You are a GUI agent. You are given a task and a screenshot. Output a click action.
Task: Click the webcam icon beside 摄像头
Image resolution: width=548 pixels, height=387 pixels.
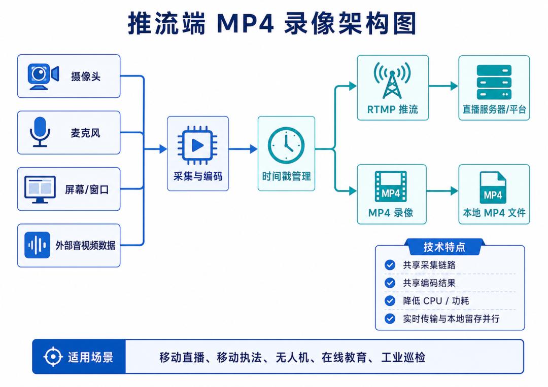(43, 76)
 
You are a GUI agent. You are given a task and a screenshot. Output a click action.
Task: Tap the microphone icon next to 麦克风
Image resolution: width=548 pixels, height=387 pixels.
(40, 132)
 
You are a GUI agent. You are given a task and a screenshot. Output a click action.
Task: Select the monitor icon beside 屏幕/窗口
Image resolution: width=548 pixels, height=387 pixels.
(40, 189)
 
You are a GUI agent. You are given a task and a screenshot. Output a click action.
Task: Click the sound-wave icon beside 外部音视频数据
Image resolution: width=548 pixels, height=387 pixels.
(38, 245)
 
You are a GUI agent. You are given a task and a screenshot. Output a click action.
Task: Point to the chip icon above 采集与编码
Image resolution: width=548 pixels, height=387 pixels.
(197, 145)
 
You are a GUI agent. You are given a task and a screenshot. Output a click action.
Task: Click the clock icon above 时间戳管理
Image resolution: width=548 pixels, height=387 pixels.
(286, 145)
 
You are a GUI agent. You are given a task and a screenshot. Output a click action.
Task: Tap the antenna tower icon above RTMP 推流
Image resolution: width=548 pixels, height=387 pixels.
(392, 81)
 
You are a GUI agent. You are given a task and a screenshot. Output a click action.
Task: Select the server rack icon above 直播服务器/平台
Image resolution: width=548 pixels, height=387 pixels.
(494, 83)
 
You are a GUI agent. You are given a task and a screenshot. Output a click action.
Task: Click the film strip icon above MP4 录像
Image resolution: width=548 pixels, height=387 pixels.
(391, 186)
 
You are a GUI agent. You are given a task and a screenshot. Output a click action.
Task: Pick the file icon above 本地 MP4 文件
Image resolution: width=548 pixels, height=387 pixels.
(493, 188)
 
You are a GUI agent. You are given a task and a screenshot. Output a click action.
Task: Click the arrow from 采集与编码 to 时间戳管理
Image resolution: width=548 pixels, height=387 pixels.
(243, 149)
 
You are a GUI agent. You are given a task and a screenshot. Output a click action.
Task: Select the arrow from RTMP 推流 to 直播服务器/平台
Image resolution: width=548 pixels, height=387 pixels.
(443, 86)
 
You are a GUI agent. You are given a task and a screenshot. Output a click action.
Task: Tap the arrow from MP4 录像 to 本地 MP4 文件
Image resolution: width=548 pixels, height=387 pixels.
(442, 191)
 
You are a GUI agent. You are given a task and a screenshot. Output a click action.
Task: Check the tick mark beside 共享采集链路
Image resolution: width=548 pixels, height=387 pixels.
(390, 265)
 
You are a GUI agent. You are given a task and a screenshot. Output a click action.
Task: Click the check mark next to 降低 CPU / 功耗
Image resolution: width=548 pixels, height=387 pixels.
(390, 301)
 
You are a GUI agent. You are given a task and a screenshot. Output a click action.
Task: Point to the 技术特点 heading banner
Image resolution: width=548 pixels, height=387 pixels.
(444, 247)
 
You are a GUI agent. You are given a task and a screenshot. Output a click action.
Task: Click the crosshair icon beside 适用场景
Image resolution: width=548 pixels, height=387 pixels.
(53, 357)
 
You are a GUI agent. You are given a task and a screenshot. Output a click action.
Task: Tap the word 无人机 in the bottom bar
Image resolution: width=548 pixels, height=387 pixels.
(287, 357)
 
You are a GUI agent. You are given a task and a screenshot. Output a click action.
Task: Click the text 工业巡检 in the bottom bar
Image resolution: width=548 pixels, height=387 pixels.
(403, 357)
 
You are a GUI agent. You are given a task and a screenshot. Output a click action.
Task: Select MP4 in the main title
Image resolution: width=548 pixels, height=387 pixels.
(245, 23)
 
